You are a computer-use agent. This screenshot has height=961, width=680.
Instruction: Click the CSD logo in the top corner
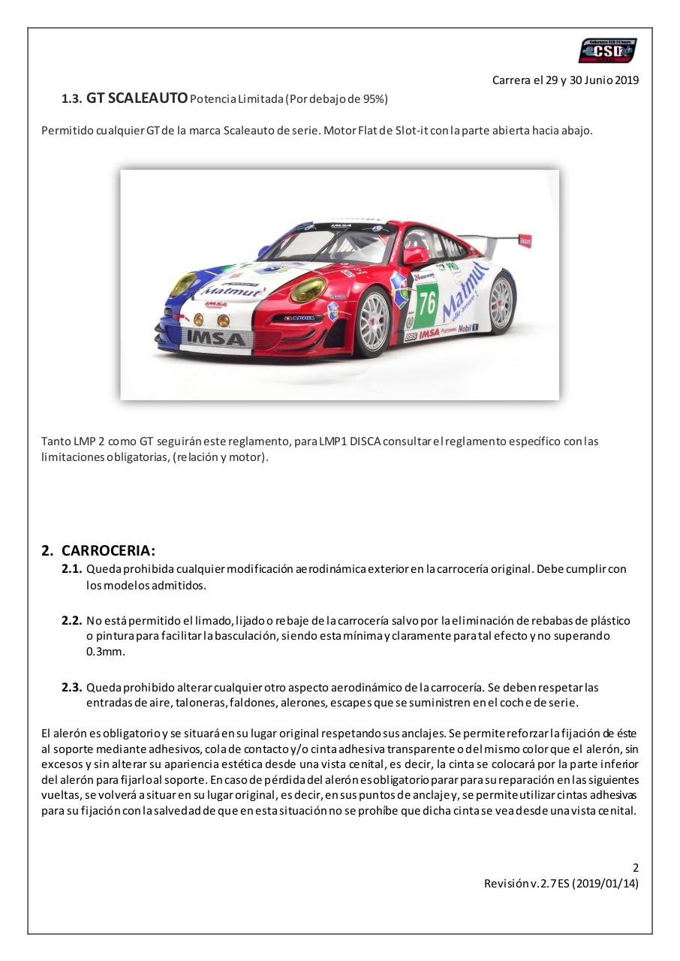(x=607, y=51)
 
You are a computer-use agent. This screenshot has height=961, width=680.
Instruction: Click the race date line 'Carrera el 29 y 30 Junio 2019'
(x=565, y=80)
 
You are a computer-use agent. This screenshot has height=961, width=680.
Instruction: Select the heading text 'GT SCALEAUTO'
(x=137, y=98)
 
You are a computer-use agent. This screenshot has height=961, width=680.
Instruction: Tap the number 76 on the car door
(x=427, y=303)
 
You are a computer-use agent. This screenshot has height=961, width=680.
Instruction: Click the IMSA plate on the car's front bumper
(x=215, y=338)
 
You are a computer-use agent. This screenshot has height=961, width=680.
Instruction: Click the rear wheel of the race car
(x=501, y=302)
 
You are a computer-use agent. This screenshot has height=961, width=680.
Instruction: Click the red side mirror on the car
(x=414, y=255)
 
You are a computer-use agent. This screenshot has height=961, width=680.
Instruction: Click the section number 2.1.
(x=71, y=569)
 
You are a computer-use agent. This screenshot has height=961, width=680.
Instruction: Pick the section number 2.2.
(x=71, y=621)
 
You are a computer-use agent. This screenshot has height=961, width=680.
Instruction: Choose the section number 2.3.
(x=71, y=687)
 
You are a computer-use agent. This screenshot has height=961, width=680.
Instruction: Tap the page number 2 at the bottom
(x=635, y=867)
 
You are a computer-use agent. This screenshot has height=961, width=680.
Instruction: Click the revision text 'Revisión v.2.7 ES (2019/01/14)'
(x=561, y=884)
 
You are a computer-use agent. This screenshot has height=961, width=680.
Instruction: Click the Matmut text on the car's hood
(x=230, y=291)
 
